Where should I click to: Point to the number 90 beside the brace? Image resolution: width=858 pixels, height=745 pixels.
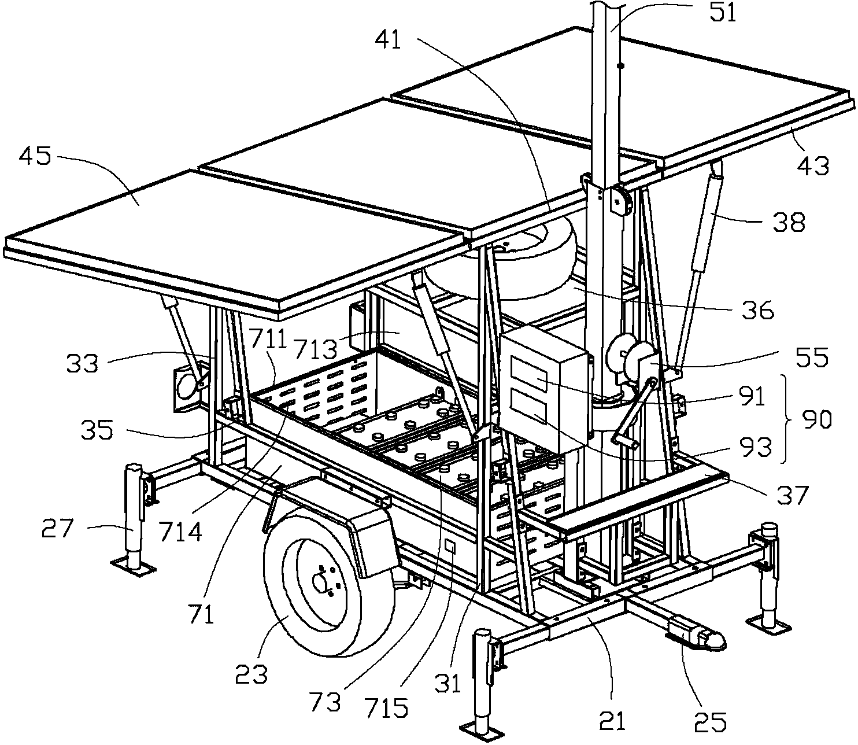tap(816, 419)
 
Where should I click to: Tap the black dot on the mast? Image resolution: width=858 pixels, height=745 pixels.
tap(620, 67)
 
